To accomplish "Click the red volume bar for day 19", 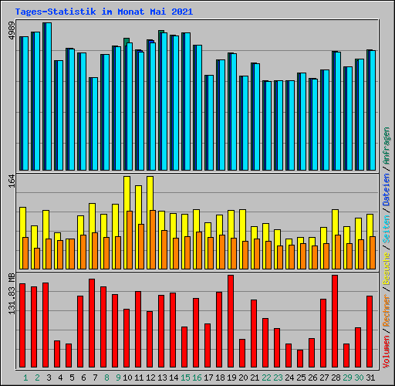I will (x=231, y=321).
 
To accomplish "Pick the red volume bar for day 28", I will (x=335, y=321).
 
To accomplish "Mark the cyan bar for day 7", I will (x=93, y=124).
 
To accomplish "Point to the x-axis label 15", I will (x=185, y=378).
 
